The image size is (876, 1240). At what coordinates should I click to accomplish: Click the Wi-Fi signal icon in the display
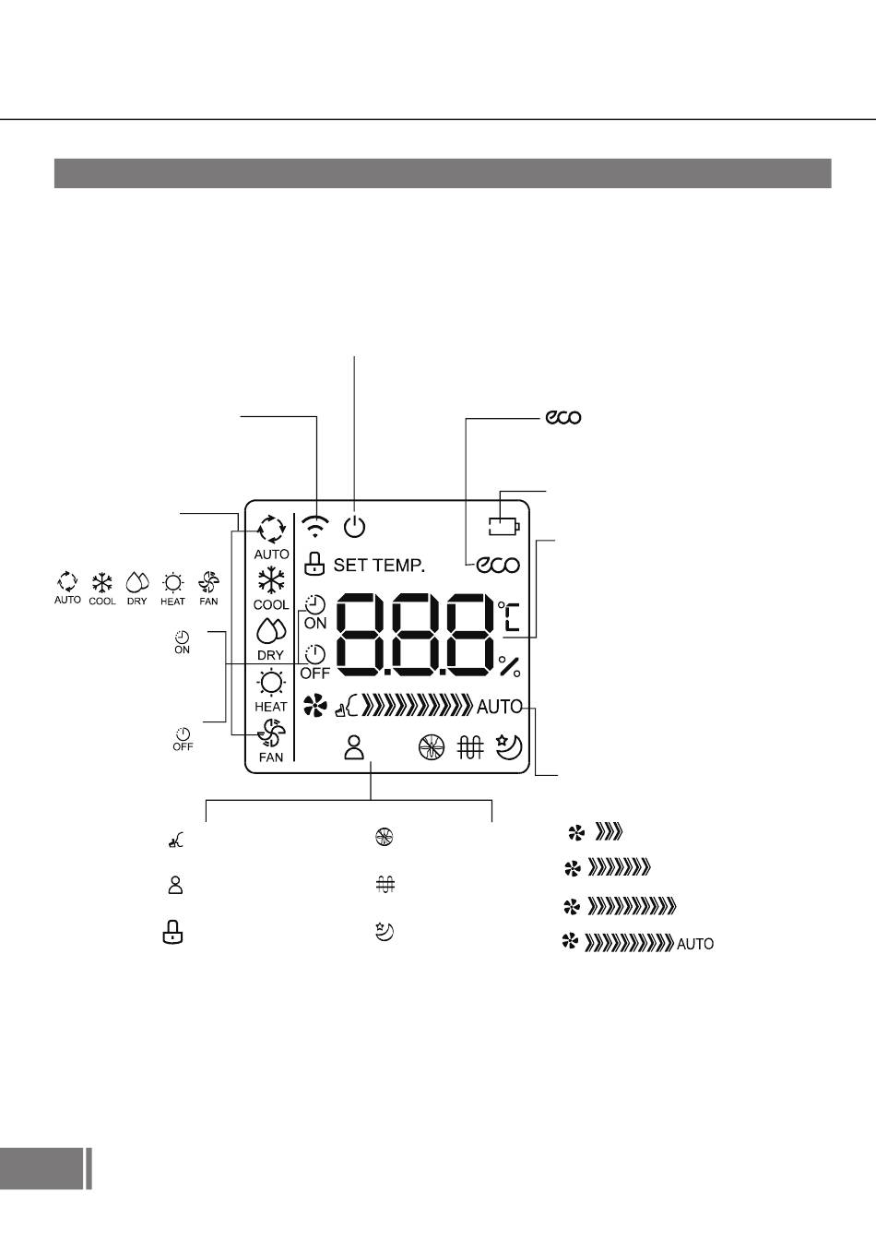tap(316, 526)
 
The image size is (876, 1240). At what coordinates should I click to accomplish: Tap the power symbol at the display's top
tap(355, 527)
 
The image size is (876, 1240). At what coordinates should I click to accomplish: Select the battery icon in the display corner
tap(504, 527)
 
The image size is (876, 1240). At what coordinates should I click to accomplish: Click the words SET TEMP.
tap(379, 565)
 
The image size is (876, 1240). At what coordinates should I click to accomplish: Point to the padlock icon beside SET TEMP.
tap(315, 563)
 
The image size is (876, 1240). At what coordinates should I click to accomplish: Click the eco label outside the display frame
tap(562, 418)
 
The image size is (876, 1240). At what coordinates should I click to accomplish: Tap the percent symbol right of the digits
tap(509, 666)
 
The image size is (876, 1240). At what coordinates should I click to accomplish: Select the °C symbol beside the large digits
tap(509, 616)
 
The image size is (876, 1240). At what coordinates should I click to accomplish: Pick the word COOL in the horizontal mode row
tap(102, 602)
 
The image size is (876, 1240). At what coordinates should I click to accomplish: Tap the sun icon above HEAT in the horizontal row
tap(172, 582)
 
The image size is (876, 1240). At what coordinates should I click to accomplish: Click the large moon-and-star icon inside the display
tap(509, 745)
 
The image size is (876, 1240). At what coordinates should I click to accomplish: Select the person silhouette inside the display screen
tap(355, 746)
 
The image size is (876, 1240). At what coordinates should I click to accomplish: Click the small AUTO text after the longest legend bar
tap(695, 945)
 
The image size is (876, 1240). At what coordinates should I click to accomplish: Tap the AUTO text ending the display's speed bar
tap(500, 708)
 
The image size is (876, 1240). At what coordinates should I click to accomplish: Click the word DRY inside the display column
tap(270, 655)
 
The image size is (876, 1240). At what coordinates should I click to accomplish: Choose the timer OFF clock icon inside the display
tap(315, 654)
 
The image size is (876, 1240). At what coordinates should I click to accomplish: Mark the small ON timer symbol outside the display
tap(183, 643)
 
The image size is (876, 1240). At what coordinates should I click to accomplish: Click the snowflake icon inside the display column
tap(271, 581)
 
